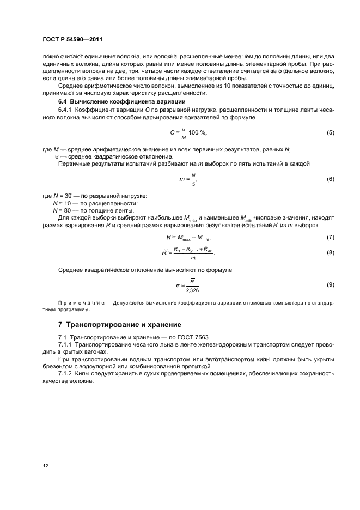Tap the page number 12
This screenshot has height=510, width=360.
point(46,465)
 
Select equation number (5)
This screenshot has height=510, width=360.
point(330,133)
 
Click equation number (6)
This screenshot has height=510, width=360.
point(330,179)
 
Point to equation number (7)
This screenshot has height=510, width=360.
point(330,238)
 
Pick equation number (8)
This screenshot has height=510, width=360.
point(330,253)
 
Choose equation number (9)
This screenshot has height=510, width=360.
point(330,285)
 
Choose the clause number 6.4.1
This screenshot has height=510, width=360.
point(66,110)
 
